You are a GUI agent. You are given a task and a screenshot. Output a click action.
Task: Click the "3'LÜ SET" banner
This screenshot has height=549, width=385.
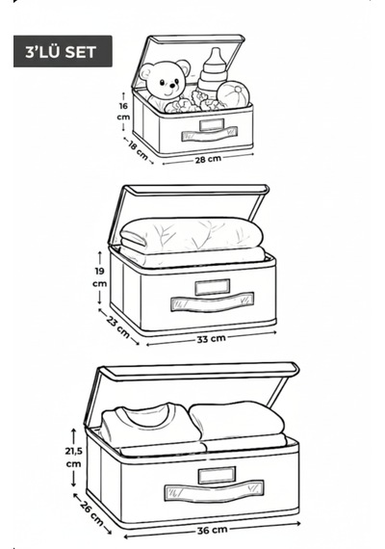pos(63,51)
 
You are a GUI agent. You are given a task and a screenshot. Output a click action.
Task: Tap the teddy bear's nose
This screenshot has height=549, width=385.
pos(172,85)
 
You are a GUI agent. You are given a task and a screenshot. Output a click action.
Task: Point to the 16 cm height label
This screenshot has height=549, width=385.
pos(123,112)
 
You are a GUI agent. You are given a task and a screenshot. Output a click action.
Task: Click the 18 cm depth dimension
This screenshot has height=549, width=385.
pos(138,150)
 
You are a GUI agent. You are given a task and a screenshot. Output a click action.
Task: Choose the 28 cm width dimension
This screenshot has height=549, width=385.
pos(208,159)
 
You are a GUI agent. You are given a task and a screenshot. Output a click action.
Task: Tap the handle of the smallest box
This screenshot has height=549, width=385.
pos(209,134)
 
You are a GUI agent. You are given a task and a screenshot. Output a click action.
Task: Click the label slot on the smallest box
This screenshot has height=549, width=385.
pos(212,124)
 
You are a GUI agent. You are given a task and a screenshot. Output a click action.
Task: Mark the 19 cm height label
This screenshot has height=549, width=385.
pos(100,277)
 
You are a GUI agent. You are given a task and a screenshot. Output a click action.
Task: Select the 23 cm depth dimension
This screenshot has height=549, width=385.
pos(118,327)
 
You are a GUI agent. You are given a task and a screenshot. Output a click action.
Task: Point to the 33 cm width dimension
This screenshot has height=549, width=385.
pos(211,339)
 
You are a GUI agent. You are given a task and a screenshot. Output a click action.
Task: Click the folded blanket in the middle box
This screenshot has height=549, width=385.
pos(192,240)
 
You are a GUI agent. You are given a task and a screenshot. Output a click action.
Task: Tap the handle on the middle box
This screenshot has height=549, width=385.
pos(212,301)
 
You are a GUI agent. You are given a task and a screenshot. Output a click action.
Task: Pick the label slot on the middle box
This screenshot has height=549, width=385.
pos(213,287)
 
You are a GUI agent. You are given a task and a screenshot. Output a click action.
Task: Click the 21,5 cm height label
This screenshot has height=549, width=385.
pos(73,457)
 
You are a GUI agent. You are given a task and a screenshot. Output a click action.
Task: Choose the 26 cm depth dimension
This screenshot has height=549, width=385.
pos(92,513)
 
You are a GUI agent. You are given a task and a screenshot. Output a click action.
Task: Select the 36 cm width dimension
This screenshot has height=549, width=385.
pos(212,530)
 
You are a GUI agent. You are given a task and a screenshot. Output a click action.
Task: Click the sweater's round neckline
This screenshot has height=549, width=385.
pos(147,415)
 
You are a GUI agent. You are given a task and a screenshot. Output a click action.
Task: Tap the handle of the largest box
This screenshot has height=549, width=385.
pos(215,491)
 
